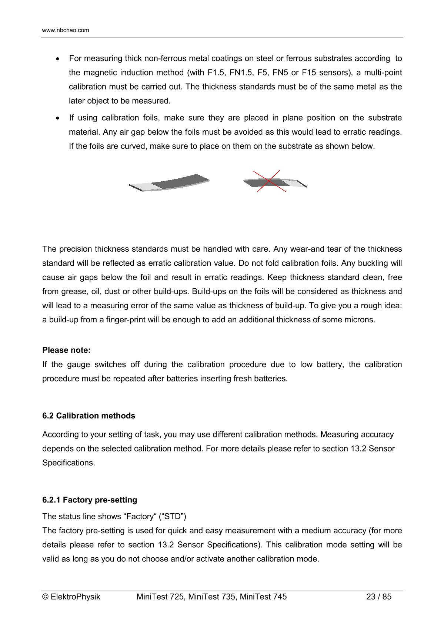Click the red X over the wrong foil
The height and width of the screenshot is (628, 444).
click(x=269, y=181)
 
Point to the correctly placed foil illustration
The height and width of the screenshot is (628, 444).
click(x=170, y=182)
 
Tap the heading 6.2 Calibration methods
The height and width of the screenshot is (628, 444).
click(x=89, y=416)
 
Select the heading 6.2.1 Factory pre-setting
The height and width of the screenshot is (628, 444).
click(x=90, y=500)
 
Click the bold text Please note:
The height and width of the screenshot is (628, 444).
click(x=66, y=350)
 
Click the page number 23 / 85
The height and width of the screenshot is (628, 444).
click(x=378, y=597)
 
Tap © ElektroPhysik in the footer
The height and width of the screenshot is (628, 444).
click(x=71, y=597)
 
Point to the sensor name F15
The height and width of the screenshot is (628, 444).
click(x=309, y=73)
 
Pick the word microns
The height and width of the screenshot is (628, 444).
click(x=361, y=320)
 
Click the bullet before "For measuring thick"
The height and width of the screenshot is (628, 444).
click(x=57, y=59)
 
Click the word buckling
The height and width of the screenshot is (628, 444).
click(x=375, y=263)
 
